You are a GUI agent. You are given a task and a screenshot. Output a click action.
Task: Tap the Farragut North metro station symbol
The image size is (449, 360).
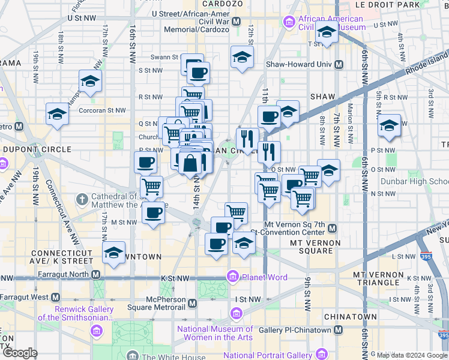95,275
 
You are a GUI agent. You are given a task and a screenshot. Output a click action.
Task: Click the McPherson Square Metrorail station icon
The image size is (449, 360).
191,304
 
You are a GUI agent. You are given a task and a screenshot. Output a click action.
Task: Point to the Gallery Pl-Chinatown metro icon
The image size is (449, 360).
339,331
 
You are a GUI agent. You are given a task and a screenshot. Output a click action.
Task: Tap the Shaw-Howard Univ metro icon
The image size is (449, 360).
339,64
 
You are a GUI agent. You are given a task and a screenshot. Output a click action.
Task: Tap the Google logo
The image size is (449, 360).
20,353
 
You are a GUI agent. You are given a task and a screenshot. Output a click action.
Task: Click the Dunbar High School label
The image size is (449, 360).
414,181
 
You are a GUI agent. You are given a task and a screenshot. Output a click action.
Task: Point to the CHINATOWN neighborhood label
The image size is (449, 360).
350,316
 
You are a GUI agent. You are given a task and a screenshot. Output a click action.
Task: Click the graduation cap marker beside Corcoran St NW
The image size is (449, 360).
58,113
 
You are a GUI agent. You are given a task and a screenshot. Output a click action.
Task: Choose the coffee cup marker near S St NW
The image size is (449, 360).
199,74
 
